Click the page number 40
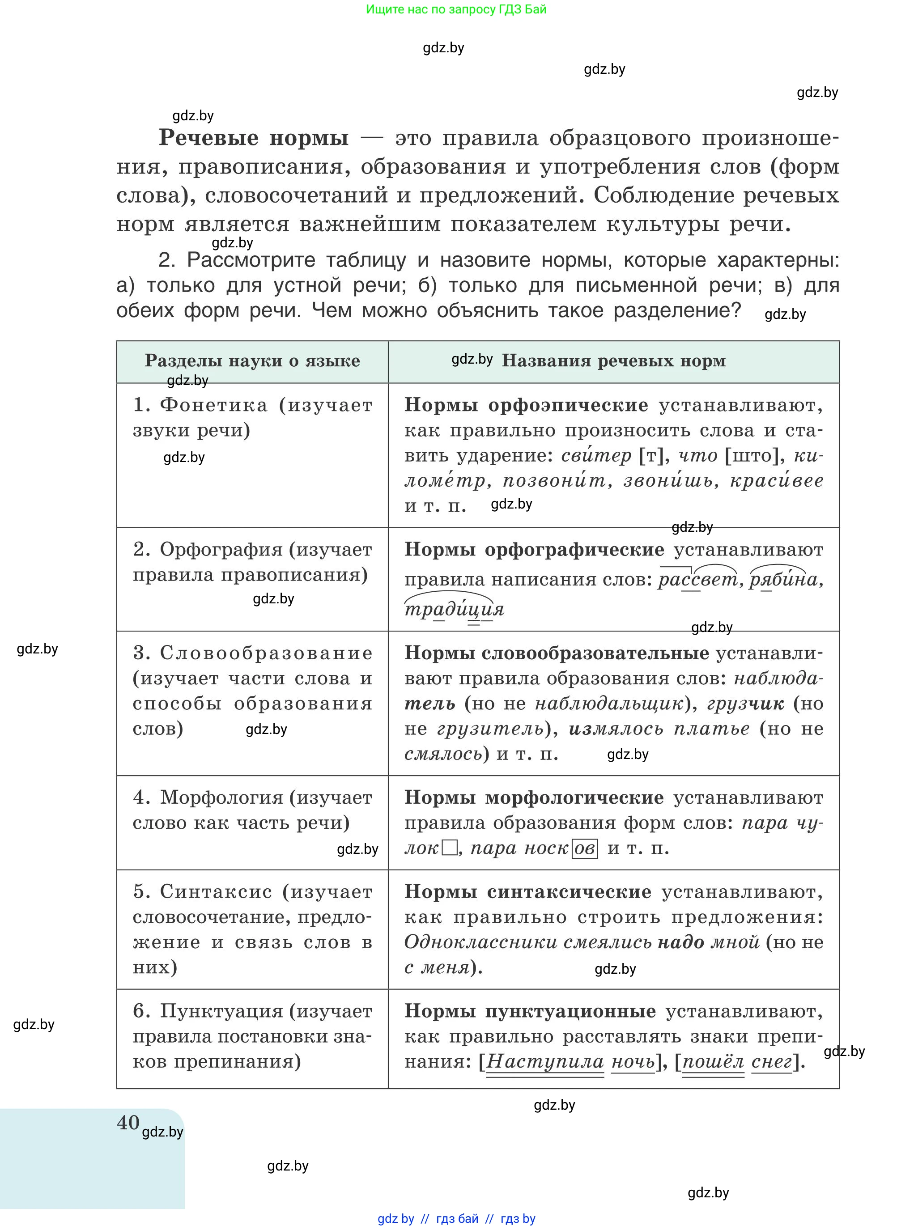tap(128, 1122)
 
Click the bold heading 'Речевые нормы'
tap(253, 138)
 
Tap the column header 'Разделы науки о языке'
tap(252, 361)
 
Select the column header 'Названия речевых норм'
tap(613, 361)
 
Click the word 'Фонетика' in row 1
tap(213, 405)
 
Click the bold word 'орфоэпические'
tap(568, 405)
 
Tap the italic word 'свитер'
tap(595, 455)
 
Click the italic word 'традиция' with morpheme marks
tap(454, 609)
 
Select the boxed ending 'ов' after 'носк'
tap(584, 848)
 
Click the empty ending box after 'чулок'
tap(450, 848)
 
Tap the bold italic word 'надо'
tap(680, 942)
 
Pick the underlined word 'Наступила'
tap(545, 1061)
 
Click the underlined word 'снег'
tap(771, 1061)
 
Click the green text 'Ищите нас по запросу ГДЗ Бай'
tap(456, 9)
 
